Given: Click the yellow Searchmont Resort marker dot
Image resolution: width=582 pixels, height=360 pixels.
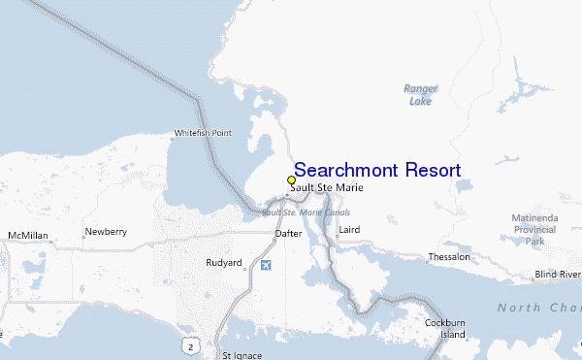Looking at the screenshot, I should (291, 180).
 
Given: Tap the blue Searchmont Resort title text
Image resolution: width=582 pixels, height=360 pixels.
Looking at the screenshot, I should (376, 170).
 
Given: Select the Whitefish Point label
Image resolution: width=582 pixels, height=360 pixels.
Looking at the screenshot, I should (202, 133).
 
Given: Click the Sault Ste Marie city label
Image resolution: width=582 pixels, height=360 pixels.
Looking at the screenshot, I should (320, 188).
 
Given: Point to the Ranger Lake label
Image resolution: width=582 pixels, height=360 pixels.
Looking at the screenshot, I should (420, 94).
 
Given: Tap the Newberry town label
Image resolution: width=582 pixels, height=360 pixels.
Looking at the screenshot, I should (106, 232).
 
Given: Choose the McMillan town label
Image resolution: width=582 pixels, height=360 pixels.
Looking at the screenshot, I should (27, 236).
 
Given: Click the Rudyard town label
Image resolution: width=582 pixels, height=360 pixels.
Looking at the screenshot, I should (223, 263).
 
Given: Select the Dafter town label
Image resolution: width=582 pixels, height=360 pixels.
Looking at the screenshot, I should (288, 234).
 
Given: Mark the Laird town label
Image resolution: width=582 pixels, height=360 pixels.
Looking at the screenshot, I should (347, 230).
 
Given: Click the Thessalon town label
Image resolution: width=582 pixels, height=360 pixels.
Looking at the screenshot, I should (449, 257).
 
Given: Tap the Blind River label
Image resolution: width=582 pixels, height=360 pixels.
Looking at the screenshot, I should (557, 275).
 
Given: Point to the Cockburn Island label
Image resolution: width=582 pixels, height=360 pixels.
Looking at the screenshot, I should (445, 328).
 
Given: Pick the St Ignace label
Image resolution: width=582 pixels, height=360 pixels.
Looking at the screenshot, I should (242, 355).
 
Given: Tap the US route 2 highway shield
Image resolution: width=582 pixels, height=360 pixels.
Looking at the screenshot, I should (193, 345).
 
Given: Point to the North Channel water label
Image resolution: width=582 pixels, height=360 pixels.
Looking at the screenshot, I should (539, 308).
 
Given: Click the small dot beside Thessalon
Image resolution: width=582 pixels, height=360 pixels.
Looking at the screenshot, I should (429, 257).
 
